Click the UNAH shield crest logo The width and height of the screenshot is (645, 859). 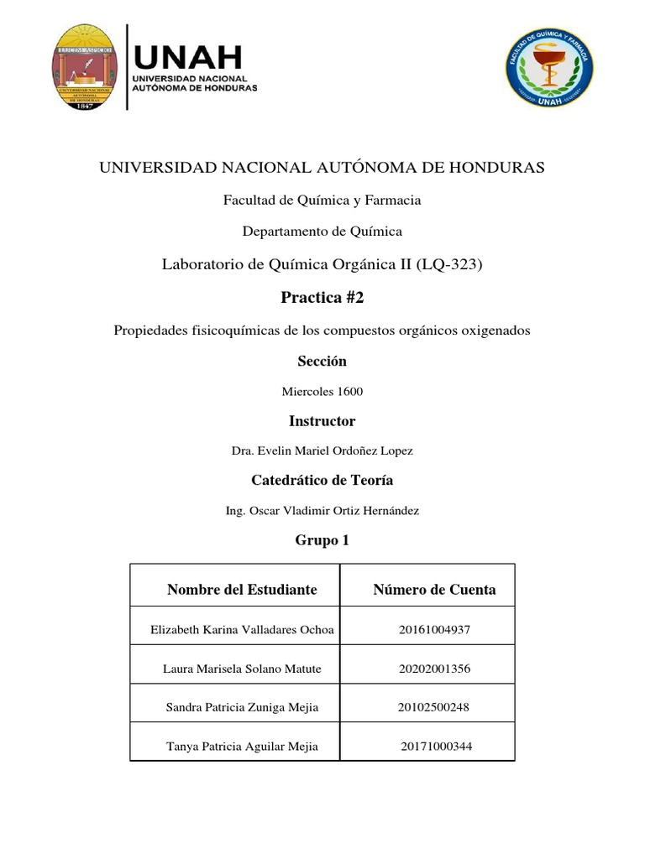(x=86, y=67)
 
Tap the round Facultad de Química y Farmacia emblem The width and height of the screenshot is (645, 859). (x=550, y=67)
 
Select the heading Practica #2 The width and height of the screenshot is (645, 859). (x=322, y=298)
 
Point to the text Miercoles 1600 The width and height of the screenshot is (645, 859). (x=322, y=392)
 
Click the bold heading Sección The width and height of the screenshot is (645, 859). (x=322, y=362)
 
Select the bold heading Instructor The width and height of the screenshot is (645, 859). (x=322, y=421)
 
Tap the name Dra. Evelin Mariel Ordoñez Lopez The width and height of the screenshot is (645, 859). (x=322, y=451)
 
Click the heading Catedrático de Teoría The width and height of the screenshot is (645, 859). (x=322, y=481)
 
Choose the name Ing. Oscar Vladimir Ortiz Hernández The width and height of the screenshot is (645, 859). (x=322, y=511)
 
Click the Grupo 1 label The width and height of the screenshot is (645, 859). (x=322, y=541)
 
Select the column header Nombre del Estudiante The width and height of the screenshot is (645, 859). (x=242, y=590)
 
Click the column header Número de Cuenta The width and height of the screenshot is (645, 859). (x=434, y=590)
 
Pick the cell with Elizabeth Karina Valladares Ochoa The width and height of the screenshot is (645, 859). (x=242, y=630)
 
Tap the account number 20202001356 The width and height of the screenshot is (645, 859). (x=434, y=669)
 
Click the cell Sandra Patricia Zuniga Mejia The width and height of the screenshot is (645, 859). (x=242, y=708)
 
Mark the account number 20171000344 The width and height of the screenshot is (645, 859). (x=436, y=747)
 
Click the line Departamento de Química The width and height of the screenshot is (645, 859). (x=322, y=231)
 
